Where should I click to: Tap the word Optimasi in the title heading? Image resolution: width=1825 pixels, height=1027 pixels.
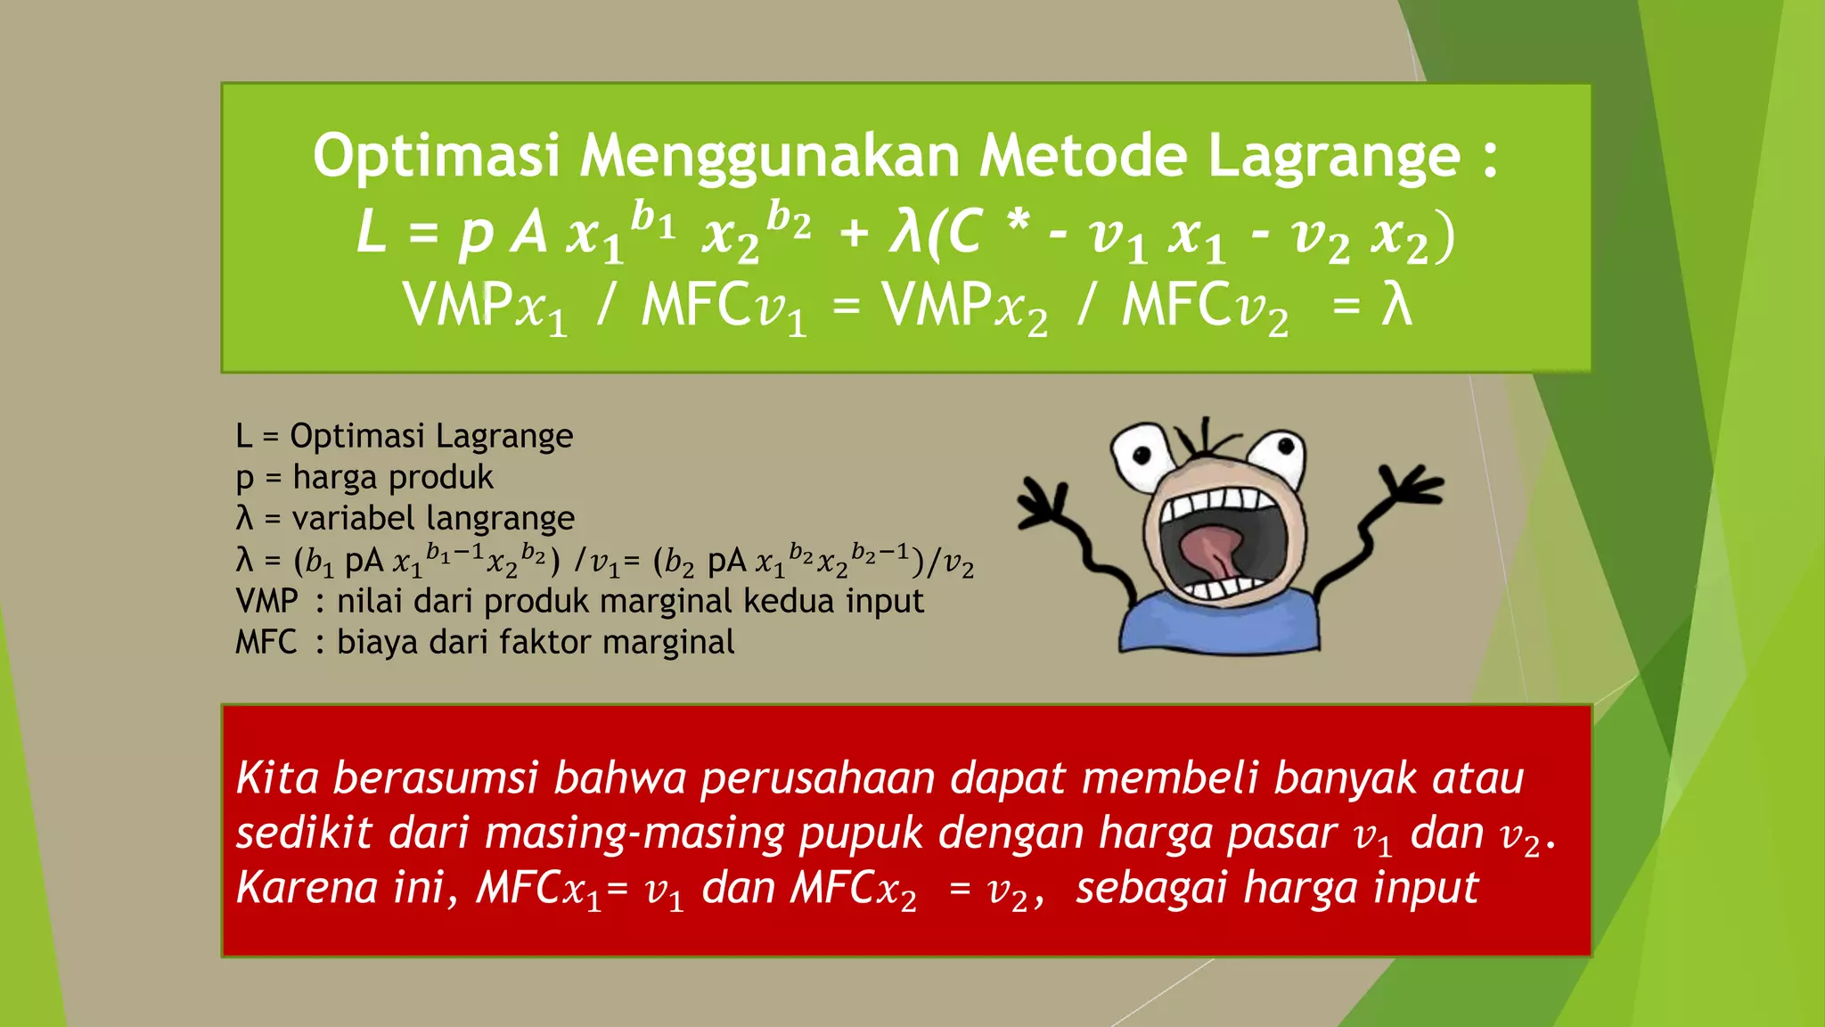(436, 157)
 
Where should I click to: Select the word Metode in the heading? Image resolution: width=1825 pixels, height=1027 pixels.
(1083, 157)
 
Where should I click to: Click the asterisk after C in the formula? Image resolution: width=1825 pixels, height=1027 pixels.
(1018, 219)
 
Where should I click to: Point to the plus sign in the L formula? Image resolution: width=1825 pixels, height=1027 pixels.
(853, 234)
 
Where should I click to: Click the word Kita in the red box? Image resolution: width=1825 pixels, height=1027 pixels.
(277, 778)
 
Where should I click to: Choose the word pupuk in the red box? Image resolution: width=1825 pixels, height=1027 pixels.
(861, 834)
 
